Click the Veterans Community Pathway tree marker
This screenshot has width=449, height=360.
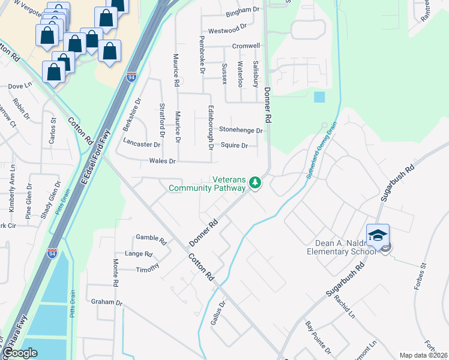255,182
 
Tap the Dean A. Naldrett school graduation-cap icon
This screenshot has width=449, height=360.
378,236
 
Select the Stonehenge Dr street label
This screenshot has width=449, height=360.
241,130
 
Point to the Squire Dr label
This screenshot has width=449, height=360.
234,146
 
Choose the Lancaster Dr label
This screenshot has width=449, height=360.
142,144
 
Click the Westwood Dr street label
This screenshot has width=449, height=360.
227,30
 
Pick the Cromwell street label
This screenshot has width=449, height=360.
246,46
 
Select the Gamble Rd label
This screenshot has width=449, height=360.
151,238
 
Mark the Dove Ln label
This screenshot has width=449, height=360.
19,86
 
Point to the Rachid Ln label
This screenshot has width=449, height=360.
345,307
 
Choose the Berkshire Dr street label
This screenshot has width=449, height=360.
131,115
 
